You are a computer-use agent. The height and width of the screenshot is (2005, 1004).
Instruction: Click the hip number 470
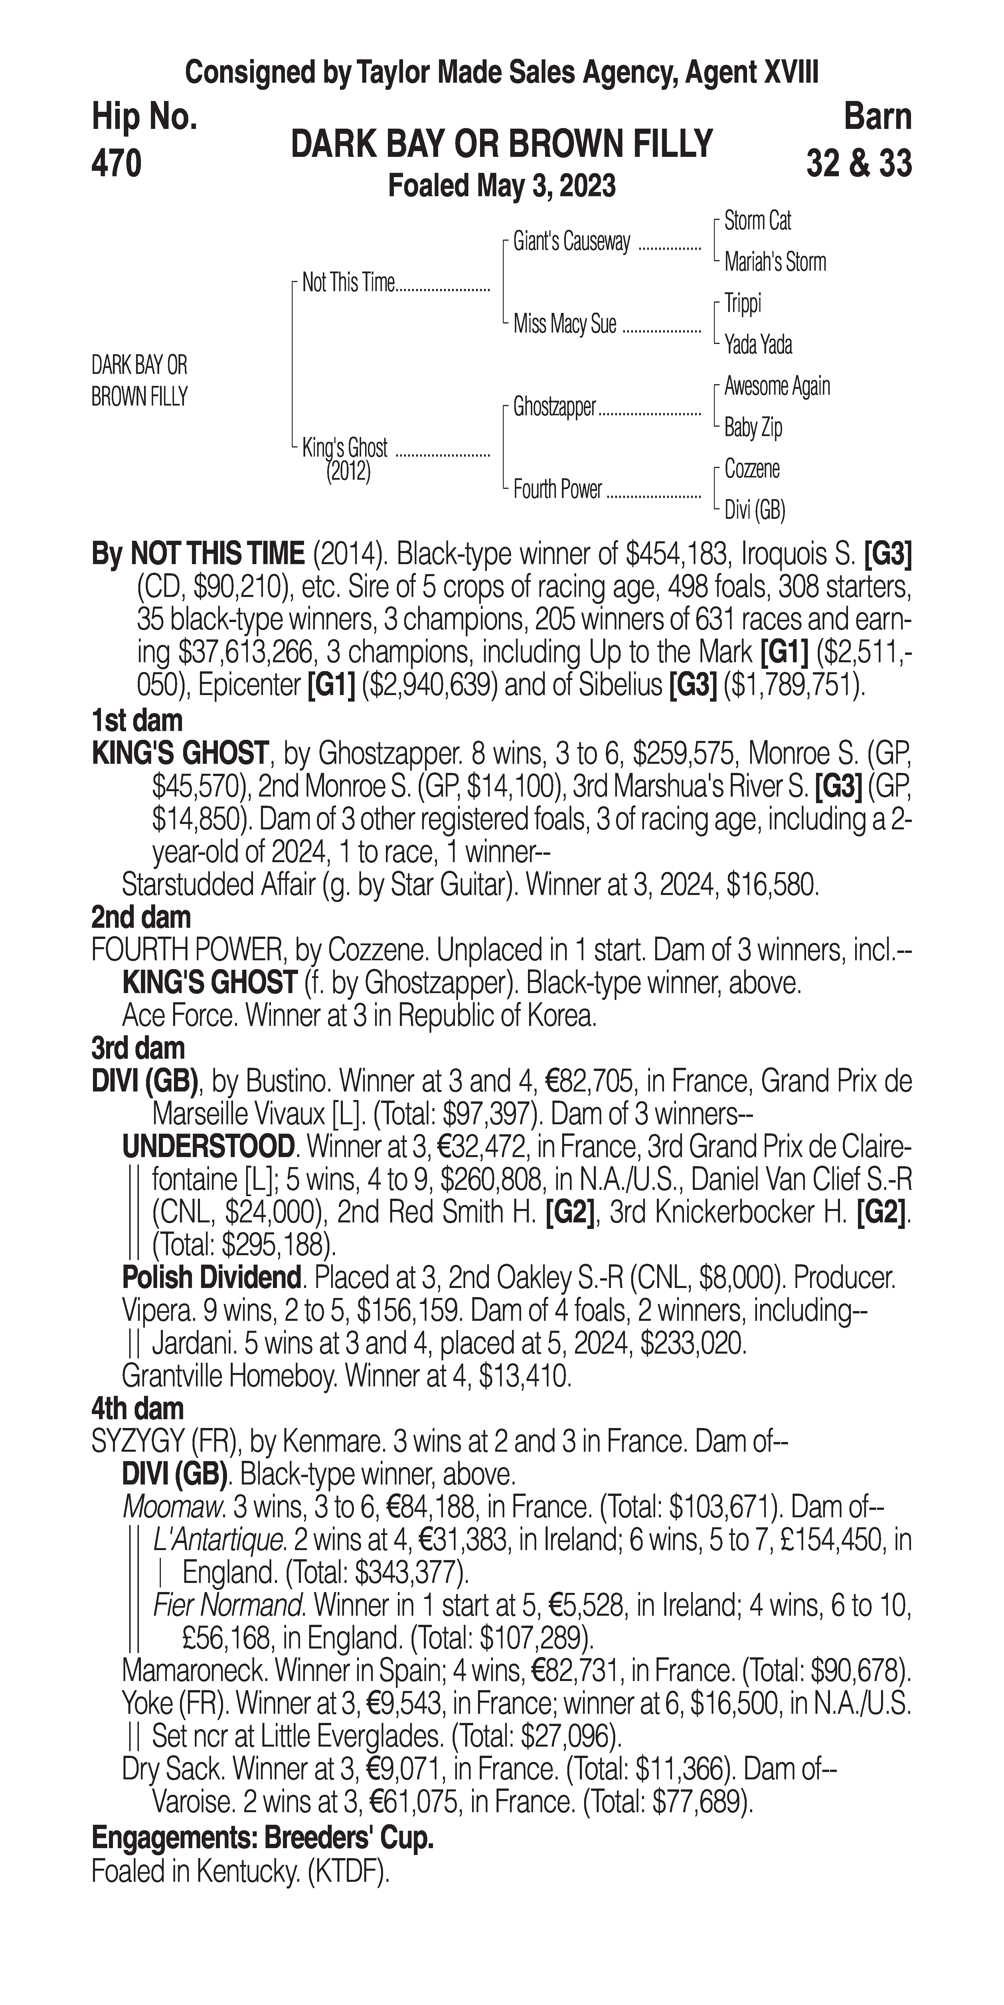coord(117,164)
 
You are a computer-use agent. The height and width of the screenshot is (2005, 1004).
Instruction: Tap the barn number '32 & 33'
coord(859,164)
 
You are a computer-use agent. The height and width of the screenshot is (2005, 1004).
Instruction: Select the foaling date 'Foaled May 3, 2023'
coord(502,186)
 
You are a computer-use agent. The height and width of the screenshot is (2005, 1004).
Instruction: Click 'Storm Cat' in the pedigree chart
coord(757,221)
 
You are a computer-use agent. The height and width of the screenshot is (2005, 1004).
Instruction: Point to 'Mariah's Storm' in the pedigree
coord(774,262)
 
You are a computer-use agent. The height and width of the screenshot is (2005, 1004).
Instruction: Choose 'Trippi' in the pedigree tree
coord(742,303)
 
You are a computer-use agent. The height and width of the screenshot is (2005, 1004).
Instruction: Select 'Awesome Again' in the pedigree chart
coord(777,386)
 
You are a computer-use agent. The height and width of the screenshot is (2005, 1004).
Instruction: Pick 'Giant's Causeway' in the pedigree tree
coord(571,242)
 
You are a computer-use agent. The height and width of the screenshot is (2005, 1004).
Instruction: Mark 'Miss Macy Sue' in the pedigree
coord(565,324)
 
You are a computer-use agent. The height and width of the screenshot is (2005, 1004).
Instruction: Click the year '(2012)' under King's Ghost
coord(348,472)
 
